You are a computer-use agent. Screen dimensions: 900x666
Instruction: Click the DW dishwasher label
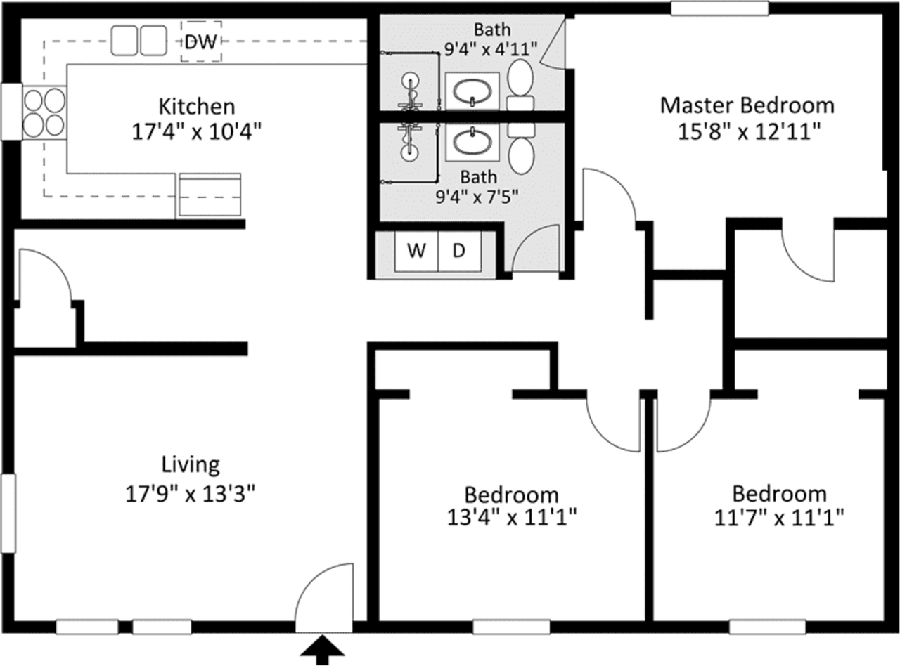pos(200,41)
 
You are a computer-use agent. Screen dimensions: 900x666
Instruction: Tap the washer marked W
pos(417,251)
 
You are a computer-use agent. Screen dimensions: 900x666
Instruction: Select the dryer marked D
pos(460,251)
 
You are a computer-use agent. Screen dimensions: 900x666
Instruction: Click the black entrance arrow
pos(322,650)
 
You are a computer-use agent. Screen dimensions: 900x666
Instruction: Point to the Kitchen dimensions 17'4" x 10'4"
pos(197,132)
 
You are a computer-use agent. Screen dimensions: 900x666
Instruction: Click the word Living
pos(191,465)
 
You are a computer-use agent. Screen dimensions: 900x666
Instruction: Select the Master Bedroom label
pos(747,105)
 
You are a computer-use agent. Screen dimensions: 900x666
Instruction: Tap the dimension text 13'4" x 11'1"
pos(512,518)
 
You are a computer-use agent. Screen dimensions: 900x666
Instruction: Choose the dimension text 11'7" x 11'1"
pos(779,518)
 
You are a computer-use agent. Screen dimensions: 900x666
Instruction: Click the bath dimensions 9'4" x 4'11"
pos(491,49)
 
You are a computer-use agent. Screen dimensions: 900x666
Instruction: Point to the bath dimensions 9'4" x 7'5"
pos(477,197)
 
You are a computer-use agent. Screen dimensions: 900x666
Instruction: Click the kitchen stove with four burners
pos(44,112)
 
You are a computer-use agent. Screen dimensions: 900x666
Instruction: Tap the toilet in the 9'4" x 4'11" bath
pos(520,84)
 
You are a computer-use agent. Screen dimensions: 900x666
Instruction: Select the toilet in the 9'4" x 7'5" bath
pos(521,149)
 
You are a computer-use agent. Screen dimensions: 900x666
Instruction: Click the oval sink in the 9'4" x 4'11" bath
pos(472,92)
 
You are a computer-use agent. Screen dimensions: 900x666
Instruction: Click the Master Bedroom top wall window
pos(720,9)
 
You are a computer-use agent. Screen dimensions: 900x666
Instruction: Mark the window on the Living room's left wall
pos(8,513)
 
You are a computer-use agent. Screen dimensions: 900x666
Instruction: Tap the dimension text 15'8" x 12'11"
pos(749,131)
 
